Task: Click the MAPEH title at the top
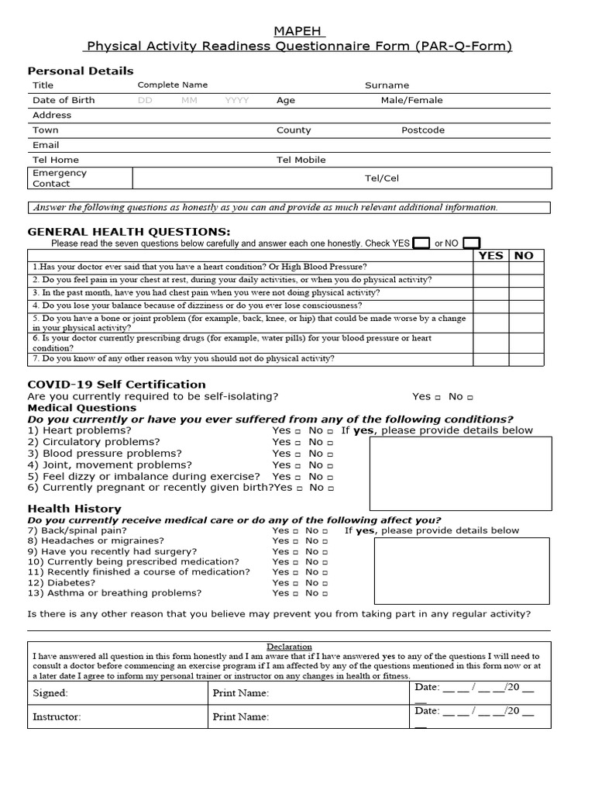(x=299, y=31)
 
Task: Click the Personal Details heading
(x=81, y=71)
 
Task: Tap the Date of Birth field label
(x=64, y=100)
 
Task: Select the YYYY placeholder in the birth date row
(x=237, y=100)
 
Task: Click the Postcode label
(x=423, y=130)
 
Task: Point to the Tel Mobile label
(x=301, y=160)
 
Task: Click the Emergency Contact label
(x=60, y=178)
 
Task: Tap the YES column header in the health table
(x=490, y=255)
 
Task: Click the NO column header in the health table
(x=524, y=255)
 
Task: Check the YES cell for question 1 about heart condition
(x=490, y=267)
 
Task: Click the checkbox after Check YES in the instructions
(x=421, y=243)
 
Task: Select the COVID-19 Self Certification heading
(x=116, y=385)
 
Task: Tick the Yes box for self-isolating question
(x=438, y=397)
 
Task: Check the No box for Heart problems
(x=331, y=431)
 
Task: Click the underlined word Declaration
(x=290, y=647)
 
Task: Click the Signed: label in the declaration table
(x=50, y=693)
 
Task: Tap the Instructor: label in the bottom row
(x=57, y=717)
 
